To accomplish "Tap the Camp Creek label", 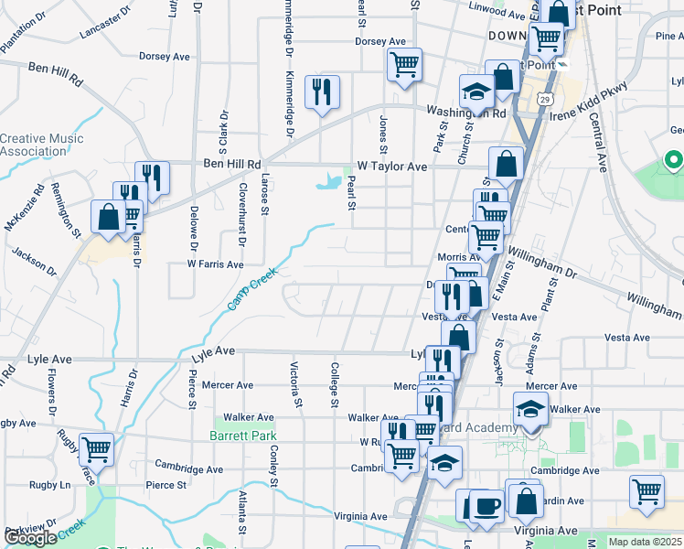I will (251, 287).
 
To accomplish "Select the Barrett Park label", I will (242, 436).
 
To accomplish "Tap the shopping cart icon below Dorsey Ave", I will (403, 64).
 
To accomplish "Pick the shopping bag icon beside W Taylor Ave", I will (506, 165).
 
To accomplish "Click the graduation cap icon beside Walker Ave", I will (529, 410).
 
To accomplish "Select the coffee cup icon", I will (485, 506).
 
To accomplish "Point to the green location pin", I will (673, 163).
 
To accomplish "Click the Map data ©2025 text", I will (646, 543).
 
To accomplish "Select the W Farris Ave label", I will (215, 264).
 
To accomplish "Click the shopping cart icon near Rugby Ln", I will (96, 449).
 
